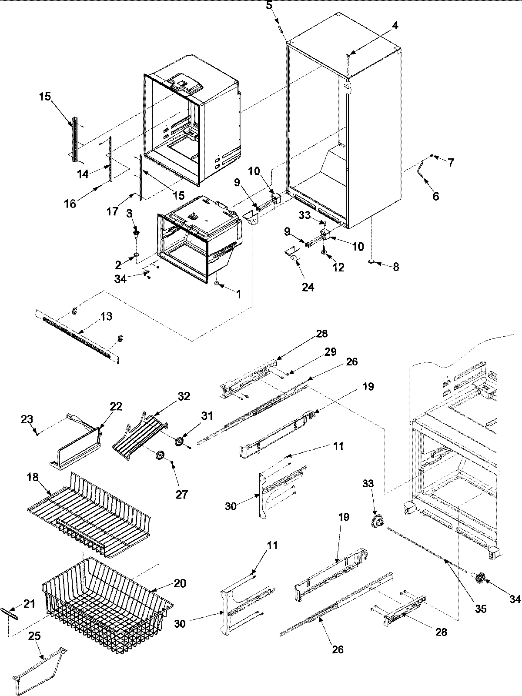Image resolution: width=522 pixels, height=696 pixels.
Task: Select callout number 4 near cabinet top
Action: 394,26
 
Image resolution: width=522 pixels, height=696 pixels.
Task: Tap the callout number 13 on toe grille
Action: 107,317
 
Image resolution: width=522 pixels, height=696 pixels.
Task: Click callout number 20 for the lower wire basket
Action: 180,583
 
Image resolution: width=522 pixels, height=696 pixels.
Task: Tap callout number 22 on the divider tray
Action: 116,407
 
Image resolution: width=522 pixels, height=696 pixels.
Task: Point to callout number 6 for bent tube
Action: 435,196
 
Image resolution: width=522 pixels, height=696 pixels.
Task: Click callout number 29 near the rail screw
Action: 330,352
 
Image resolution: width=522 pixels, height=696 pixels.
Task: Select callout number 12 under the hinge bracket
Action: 338,268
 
